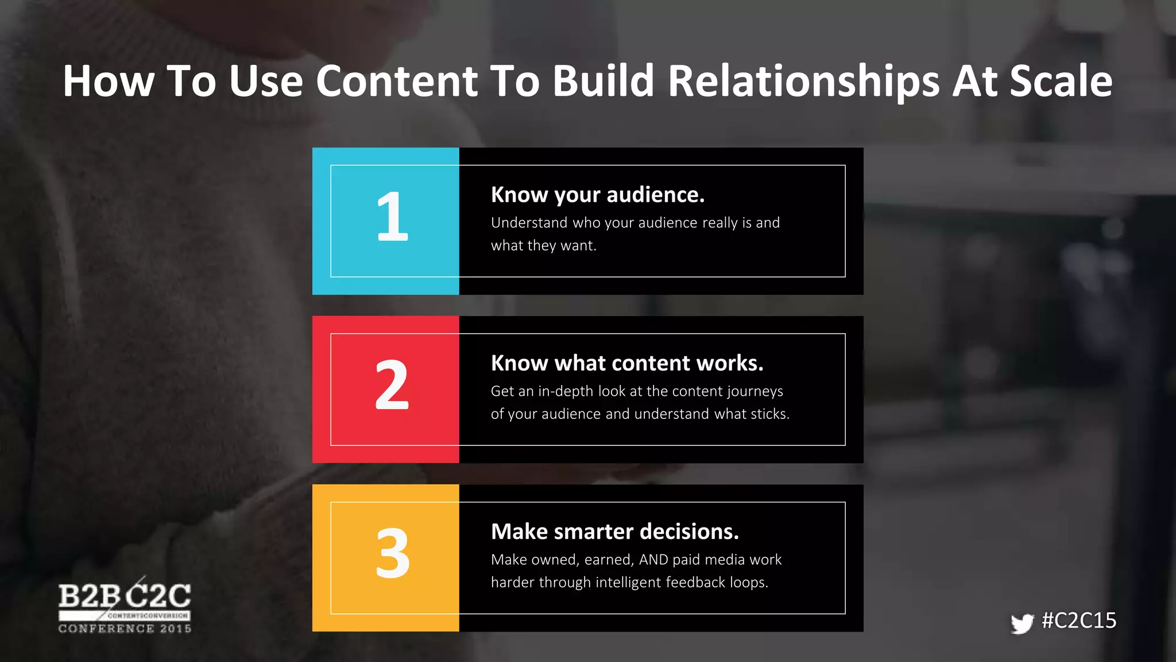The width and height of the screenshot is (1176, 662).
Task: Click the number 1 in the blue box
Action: pyautogui.click(x=392, y=217)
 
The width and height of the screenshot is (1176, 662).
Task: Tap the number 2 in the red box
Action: pyautogui.click(x=392, y=385)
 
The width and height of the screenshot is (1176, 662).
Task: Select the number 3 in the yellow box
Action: pyautogui.click(x=393, y=553)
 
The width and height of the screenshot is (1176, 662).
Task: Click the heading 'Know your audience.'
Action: pyautogui.click(x=597, y=195)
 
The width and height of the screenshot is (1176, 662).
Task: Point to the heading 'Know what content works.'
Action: pyautogui.click(x=627, y=363)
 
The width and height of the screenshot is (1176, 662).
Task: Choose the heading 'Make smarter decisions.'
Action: pyautogui.click(x=614, y=532)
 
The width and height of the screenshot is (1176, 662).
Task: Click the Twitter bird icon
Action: pyautogui.click(x=1022, y=623)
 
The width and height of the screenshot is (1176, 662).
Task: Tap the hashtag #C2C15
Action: pyautogui.click(x=1079, y=621)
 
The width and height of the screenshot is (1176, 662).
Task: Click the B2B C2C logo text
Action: pyautogui.click(x=125, y=596)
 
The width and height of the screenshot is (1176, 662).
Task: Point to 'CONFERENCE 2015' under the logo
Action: pyautogui.click(x=125, y=629)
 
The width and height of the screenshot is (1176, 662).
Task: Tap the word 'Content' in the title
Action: pyautogui.click(x=396, y=81)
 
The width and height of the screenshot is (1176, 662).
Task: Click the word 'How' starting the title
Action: pyautogui.click(x=109, y=81)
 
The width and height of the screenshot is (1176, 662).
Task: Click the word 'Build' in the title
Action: pyautogui.click(x=603, y=81)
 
